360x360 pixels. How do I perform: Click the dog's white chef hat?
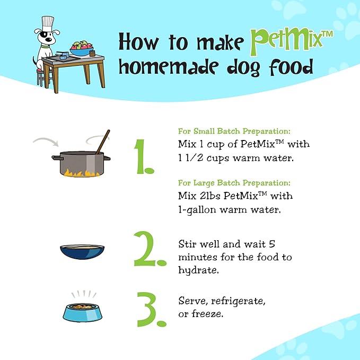pyautogui.click(x=48, y=23)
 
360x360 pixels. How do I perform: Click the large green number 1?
pyautogui.click(x=144, y=157)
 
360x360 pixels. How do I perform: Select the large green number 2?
pyautogui.click(x=150, y=249)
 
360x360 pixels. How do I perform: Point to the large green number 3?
pyautogui.click(x=151, y=310)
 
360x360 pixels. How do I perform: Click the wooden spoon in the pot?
pyautogui.click(x=103, y=142)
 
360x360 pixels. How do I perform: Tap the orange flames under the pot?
pyautogui.click(x=82, y=173)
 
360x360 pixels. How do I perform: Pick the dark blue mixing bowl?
pyautogui.click(x=82, y=252)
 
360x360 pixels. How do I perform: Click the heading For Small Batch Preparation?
pyautogui.click(x=234, y=131)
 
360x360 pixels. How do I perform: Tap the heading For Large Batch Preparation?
pyautogui.click(x=234, y=183)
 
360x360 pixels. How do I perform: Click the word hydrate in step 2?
pyautogui.click(x=199, y=270)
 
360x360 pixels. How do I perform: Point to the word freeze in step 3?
pyautogui.click(x=207, y=314)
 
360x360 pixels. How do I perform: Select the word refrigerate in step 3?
pyautogui.click(x=238, y=301)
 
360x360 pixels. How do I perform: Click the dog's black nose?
pyautogui.click(x=49, y=40)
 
